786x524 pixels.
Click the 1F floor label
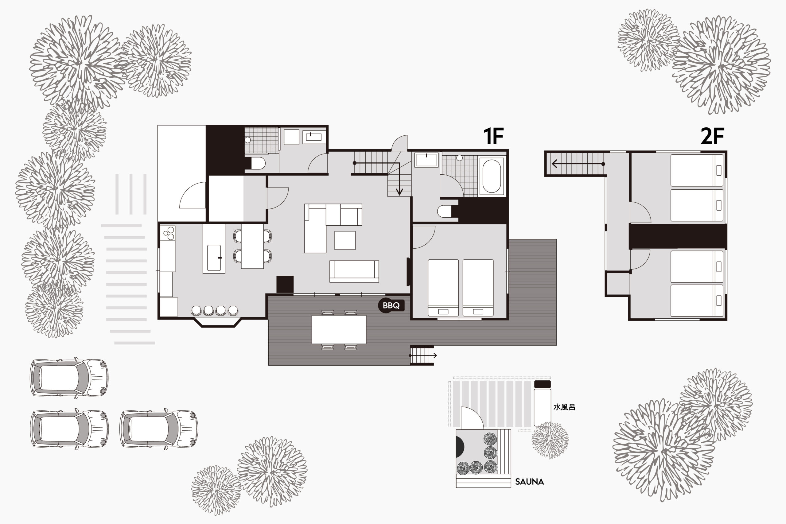(x=493, y=136)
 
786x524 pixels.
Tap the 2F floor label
(x=712, y=136)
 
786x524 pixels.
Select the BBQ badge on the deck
(x=391, y=305)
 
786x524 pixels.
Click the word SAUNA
(x=529, y=482)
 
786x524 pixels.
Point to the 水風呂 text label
(x=564, y=407)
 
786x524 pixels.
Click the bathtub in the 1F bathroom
(x=492, y=176)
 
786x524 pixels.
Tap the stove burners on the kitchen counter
(x=167, y=233)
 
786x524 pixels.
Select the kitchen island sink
(x=214, y=258)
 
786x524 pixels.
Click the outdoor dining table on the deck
(x=339, y=329)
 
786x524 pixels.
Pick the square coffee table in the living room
(x=345, y=240)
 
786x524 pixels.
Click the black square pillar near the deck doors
(x=285, y=284)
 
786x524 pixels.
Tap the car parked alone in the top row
(x=69, y=378)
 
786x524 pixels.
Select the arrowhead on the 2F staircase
(x=554, y=164)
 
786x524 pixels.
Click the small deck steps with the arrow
(x=422, y=355)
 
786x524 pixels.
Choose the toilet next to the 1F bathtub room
(x=447, y=212)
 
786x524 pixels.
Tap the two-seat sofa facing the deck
(x=354, y=271)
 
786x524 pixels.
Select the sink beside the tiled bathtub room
(x=426, y=160)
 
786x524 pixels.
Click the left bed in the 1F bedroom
(x=443, y=288)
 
